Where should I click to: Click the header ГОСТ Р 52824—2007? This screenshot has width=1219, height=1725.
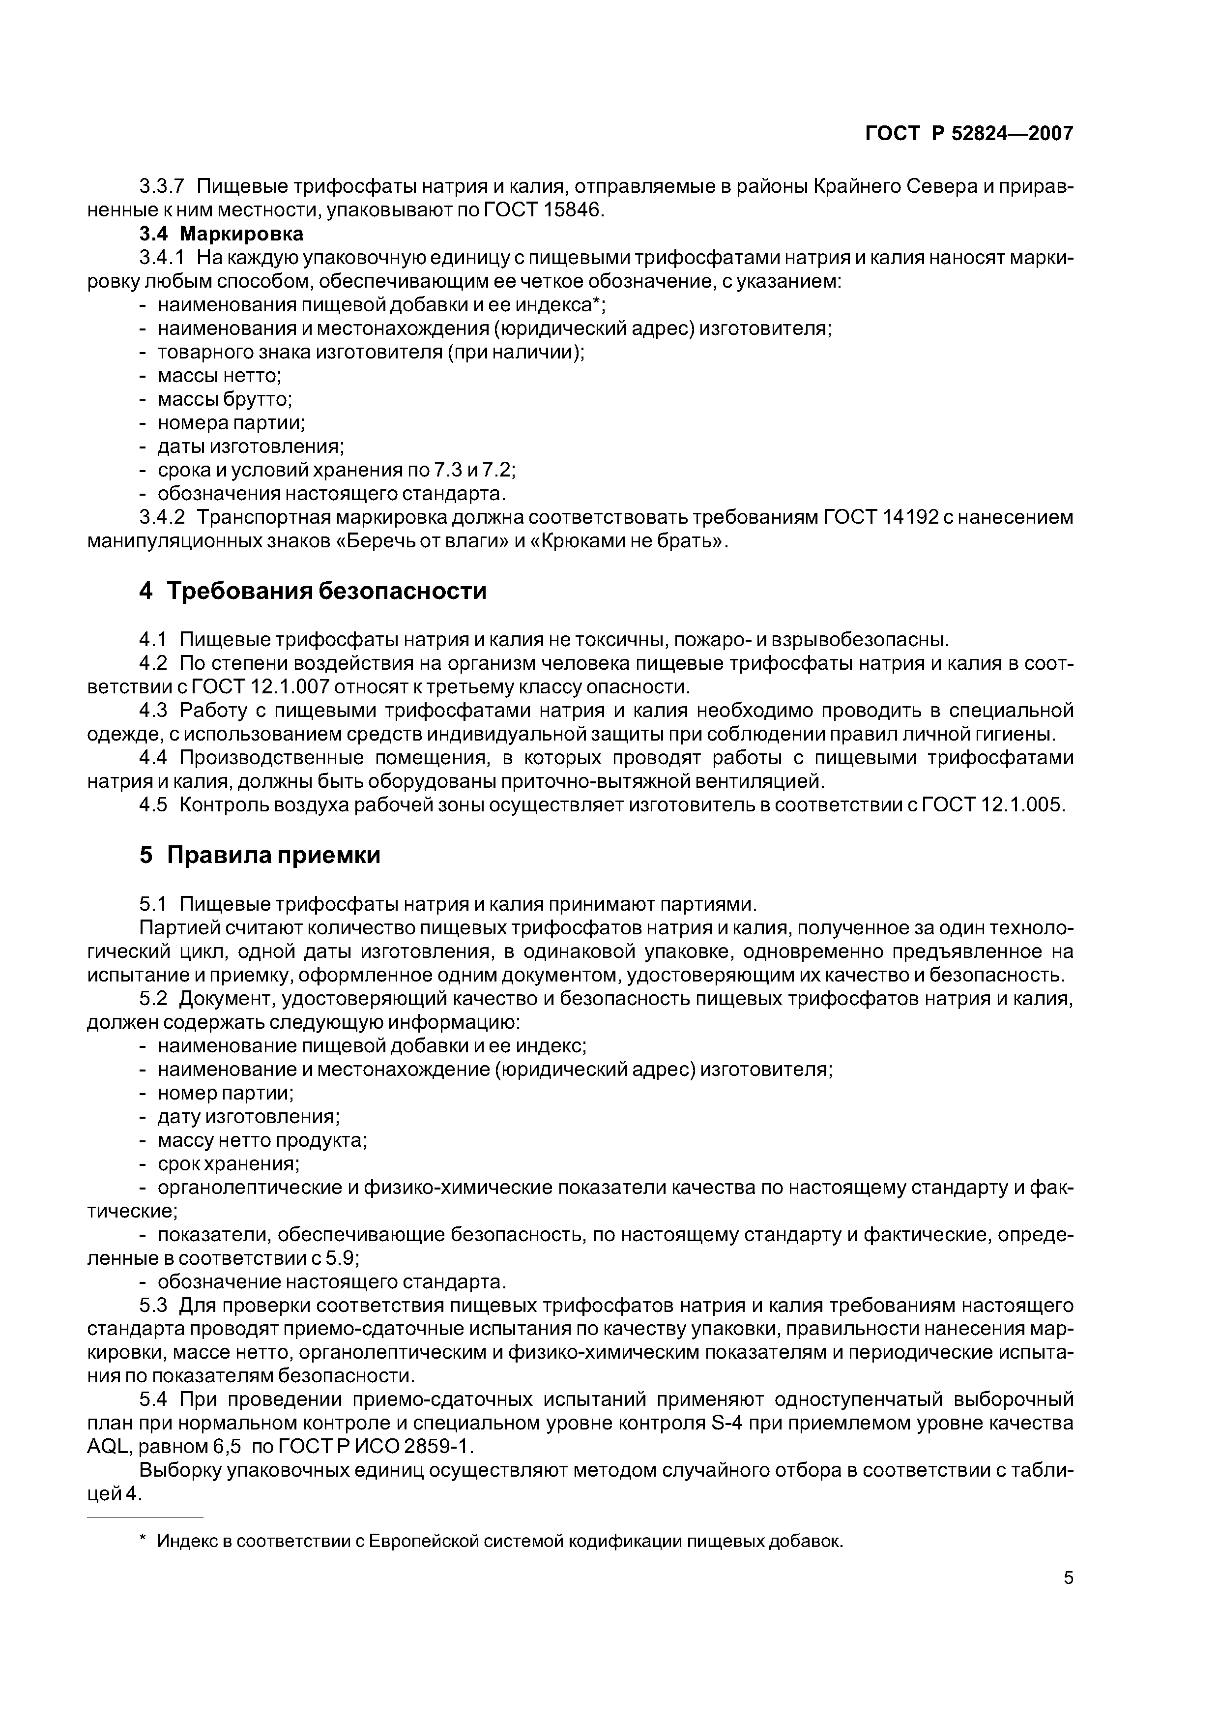[x=968, y=134]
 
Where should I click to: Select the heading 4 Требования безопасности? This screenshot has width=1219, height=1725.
[x=313, y=591]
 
